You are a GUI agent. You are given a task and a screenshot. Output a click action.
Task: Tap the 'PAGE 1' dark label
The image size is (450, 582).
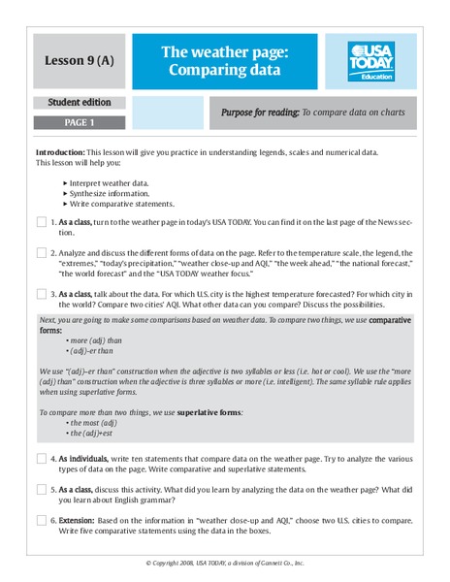[79, 123]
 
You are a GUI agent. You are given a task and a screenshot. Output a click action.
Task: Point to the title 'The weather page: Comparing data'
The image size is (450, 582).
[224, 61]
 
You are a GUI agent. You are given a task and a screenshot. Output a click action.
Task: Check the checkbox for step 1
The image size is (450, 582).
[41, 222]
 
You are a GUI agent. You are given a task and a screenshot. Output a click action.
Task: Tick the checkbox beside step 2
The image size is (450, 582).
[41, 253]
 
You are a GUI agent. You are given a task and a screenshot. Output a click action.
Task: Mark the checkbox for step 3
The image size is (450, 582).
[41, 294]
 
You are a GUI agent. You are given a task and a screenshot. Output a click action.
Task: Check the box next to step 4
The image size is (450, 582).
[41, 459]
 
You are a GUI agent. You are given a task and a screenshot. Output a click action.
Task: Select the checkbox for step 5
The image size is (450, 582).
[41, 490]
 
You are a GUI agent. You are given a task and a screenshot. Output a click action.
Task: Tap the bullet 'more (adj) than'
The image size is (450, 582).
[96, 340]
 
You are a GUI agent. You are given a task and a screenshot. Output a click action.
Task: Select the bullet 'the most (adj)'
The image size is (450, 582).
[94, 423]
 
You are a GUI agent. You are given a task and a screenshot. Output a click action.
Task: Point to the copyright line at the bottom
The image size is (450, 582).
[225, 564]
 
